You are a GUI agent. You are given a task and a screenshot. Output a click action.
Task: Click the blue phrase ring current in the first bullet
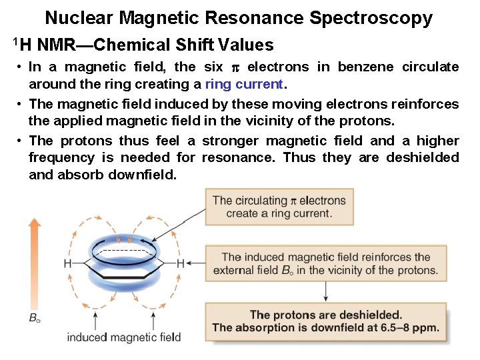click(244, 84)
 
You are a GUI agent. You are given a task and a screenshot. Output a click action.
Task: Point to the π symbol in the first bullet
click(233, 67)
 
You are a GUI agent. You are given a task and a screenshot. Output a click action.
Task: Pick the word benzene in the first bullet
click(367, 67)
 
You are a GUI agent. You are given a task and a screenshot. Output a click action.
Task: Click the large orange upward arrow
click(35, 260)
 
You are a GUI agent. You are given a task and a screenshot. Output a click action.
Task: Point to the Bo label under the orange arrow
click(35, 318)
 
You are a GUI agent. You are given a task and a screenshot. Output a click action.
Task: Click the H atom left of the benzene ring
click(67, 264)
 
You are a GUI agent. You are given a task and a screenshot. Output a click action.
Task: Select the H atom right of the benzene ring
click(180, 264)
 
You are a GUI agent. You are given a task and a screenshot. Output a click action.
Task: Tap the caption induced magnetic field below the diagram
click(123, 337)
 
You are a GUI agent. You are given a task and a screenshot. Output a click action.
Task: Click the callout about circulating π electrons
click(279, 207)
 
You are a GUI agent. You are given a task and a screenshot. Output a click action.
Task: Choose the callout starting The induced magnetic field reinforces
click(325, 263)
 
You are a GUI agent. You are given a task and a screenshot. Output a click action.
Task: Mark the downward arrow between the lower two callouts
click(326, 291)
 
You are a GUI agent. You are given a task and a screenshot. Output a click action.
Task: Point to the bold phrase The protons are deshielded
click(325, 315)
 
